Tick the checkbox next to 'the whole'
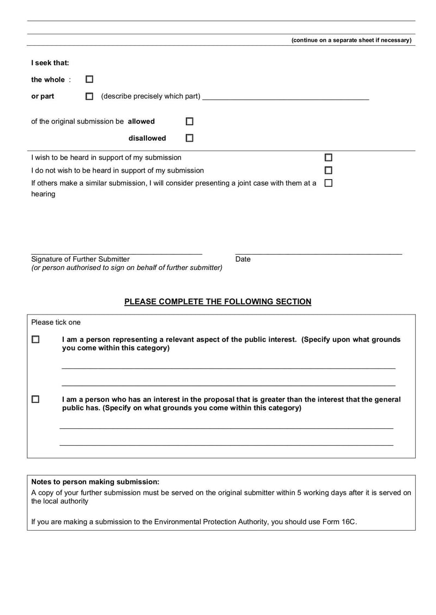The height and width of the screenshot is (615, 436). coord(89,79)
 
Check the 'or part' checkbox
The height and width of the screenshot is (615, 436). coord(89,96)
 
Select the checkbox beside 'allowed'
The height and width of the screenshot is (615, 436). coord(190,121)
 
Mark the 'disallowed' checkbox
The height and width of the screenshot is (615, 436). coord(190,138)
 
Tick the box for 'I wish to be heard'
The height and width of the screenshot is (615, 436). coord(329,157)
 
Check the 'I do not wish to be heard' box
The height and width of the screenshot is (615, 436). coord(329,170)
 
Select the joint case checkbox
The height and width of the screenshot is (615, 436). coord(329,183)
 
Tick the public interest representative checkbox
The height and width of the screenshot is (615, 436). coord(36,340)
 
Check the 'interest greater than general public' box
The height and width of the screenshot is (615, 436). coord(36,399)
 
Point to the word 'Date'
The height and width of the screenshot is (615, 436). coord(243,259)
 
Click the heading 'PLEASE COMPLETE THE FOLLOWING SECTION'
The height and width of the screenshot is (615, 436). coord(218,302)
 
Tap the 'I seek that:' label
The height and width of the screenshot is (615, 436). coord(50,63)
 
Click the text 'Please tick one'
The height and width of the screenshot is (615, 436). coord(56,322)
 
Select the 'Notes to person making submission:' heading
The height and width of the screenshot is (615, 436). coord(95,482)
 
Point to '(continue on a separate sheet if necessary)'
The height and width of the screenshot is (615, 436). coord(352,40)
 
